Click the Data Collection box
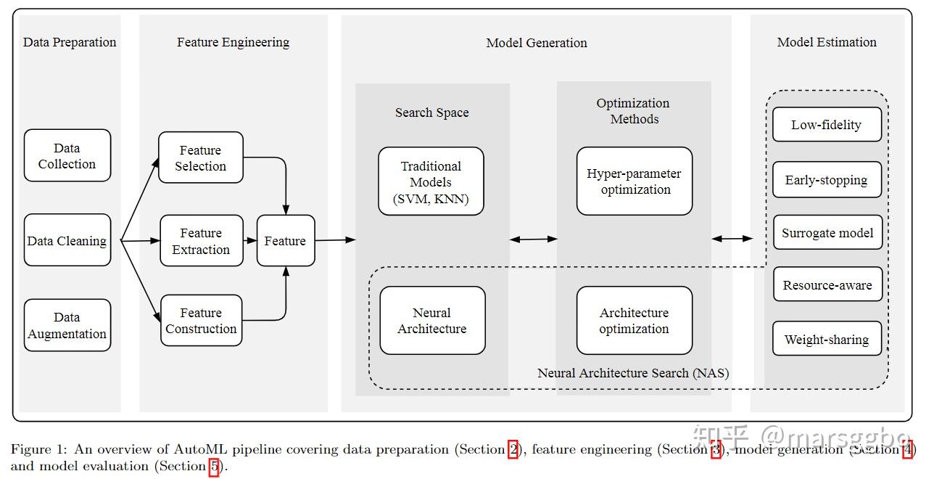coord(67,155)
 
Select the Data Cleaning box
coord(67,240)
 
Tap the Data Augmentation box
coord(67,325)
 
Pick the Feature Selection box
coord(201,157)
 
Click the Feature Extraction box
coord(202,241)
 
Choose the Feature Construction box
coord(202,321)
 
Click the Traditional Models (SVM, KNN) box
coord(431,181)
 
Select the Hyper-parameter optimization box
coord(635,181)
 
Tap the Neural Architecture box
coord(432,321)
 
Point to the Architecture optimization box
coord(635,321)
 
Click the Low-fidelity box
coord(827,124)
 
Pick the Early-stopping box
coord(827,179)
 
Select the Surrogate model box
coord(828,232)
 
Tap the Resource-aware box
coord(828,284)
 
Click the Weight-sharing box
coord(827,338)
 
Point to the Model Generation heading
coord(537,43)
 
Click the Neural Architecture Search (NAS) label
coord(633,372)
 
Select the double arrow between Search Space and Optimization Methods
coord(533,239)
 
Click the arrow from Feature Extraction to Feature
coord(250,240)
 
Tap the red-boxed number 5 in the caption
coord(215,466)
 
